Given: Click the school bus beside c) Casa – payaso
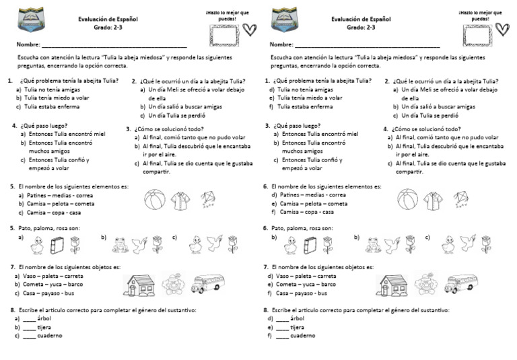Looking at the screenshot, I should (207, 284).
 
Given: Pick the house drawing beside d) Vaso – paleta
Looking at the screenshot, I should (390, 284).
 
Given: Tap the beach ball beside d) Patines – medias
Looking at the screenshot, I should (409, 200).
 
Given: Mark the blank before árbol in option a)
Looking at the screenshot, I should (29, 318).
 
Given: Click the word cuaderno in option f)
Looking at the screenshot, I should (302, 335).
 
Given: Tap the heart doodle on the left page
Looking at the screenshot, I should (248, 29).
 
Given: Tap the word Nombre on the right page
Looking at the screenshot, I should (281, 45).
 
